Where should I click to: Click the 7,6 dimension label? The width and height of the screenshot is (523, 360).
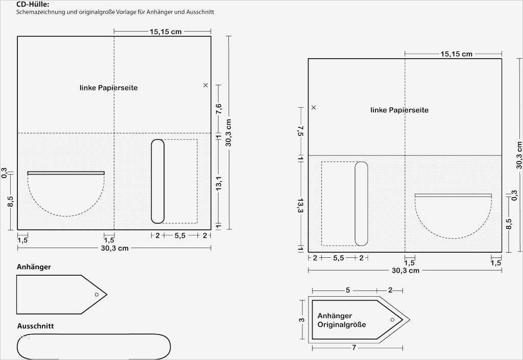[x=219, y=109]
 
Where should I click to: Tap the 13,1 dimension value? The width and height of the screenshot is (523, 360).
[x=219, y=184]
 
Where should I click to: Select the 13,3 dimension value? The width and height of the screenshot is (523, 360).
[x=300, y=205]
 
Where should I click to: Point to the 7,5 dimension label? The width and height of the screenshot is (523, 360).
[x=300, y=131]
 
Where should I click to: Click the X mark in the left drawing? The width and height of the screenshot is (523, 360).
[x=205, y=85]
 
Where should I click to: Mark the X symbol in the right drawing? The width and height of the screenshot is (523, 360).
[x=314, y=107]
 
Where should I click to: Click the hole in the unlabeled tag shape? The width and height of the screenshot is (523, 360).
[x=97, y=294]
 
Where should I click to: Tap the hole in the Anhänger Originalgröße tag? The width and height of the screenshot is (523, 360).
[x=392, y=320]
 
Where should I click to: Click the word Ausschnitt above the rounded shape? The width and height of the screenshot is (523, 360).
[x=35, y=326]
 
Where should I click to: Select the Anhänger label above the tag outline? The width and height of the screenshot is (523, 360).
[x=34, y=267]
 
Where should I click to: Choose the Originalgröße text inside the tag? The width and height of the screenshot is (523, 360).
[x=342, y=324]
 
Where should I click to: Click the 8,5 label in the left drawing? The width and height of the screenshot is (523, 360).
[x=10, y=201]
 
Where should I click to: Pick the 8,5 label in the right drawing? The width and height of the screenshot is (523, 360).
[x=509, y=224]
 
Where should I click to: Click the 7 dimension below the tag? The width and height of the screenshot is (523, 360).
[x=354, y=348]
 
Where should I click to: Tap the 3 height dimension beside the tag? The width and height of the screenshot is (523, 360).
[x=301, y=320]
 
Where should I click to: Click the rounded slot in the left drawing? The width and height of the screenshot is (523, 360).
[x=158, y=181]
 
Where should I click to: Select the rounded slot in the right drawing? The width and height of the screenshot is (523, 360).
[x=361, y=204]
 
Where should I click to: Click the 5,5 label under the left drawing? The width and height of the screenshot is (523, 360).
[x=180, y=236]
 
